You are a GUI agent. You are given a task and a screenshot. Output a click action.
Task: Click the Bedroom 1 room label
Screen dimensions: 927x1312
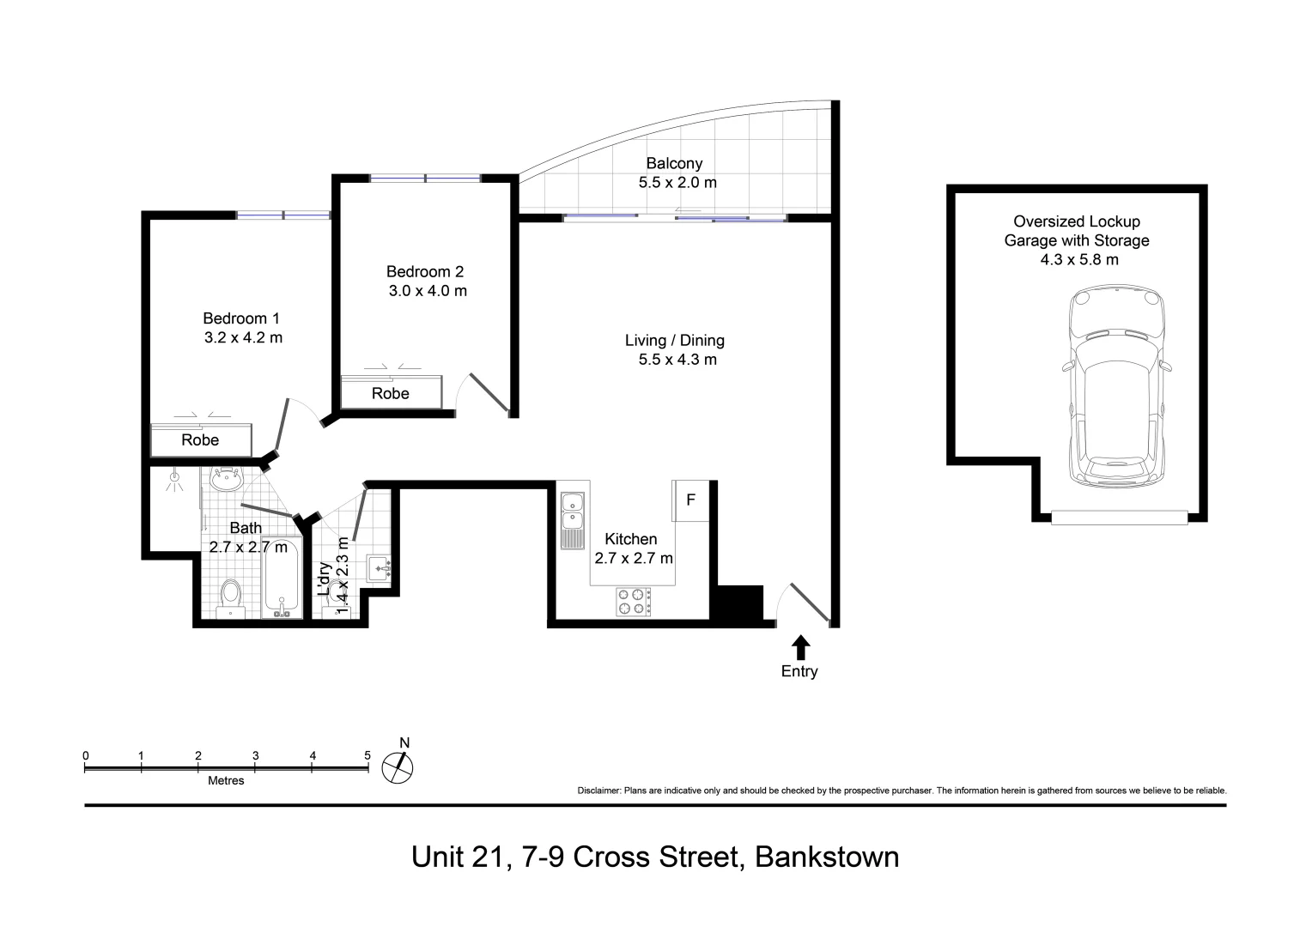[x=241, y=318]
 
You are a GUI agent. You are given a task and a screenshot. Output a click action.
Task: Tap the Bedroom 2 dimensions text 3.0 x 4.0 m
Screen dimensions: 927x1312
[x=428, y=291]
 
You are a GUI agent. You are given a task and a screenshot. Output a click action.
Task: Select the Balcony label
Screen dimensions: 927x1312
[x=674, y=163]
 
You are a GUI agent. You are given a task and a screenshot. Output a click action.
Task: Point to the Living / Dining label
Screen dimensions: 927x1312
[x=674, y=341]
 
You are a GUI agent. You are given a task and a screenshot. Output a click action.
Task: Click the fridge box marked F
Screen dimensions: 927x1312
[x=690, y=500]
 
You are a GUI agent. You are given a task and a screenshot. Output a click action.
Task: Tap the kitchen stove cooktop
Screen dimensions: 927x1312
[x=633, y=602]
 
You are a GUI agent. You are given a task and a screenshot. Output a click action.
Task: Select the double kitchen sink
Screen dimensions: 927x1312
[x=572, y=520]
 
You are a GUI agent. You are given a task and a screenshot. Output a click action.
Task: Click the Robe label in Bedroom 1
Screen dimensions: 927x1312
[x=200, y=440]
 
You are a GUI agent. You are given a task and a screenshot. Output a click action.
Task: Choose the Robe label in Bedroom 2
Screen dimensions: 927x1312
[x=391, y=394]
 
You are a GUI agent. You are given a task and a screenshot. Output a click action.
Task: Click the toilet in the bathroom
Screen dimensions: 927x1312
[x=230, y=595]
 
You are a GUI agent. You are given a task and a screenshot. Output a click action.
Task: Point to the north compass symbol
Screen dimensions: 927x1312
[x=398, y=766]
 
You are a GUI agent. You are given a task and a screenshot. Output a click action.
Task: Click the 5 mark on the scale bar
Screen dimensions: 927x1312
[x=367, y=755]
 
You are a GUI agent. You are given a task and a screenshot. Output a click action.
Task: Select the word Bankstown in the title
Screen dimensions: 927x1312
[x=826, y=857]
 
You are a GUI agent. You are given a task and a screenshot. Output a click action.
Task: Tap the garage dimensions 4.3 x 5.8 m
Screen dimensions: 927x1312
[x=1079, y=260]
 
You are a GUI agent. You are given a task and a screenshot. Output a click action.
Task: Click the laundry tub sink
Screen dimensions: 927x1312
[x=380, y=568]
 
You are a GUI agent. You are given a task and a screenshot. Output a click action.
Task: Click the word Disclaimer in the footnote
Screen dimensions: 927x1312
[x=598, y=791]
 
